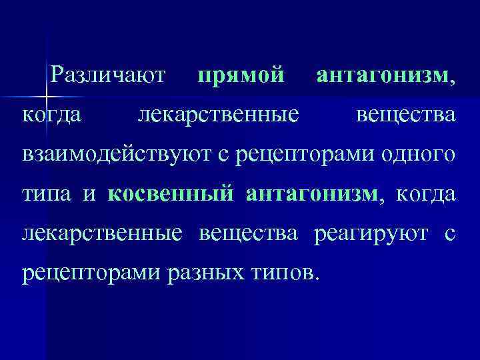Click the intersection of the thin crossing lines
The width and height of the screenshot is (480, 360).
pyautogui.click(x=45, y=99)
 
